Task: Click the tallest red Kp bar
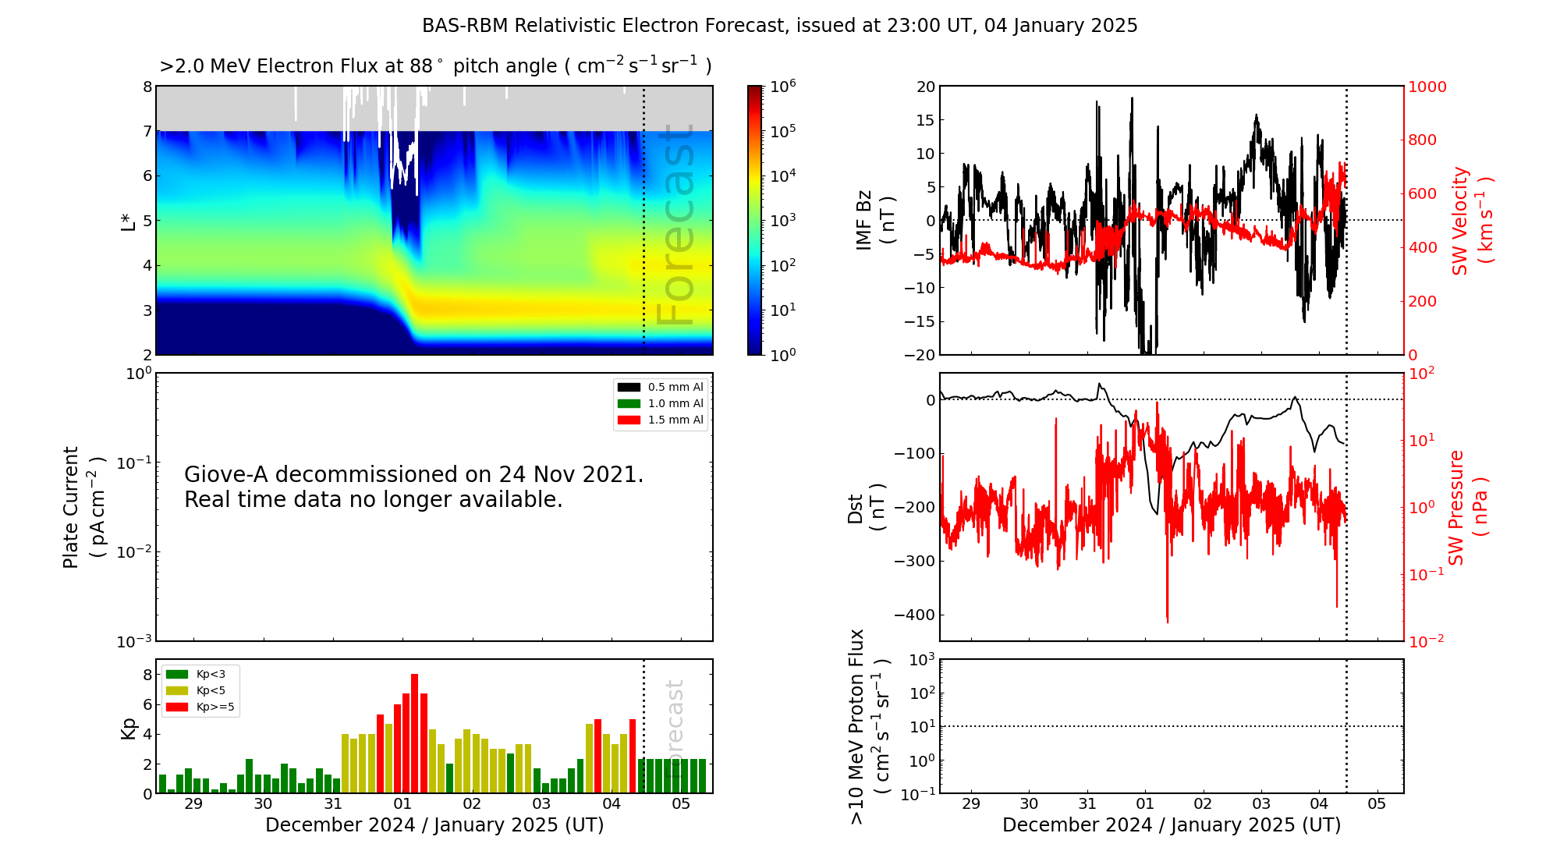[x=414, y=733]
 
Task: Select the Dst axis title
[x=866, y=508]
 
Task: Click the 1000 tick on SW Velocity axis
[x=1427, y=87]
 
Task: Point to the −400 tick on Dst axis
[x=913, y=615]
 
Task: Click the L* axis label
[x=129, y=221]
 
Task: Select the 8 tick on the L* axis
[x=147, y=87]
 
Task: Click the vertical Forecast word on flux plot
[x=675, y=226]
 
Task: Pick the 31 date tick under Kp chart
[x=333, y=803]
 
